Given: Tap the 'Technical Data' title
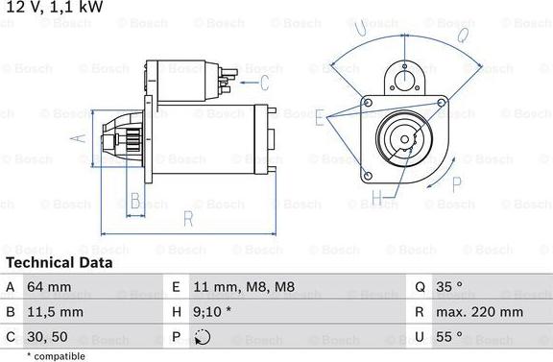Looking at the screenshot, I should click(x=59, y=262).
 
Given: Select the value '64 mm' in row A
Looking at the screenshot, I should click(x=50, y=287).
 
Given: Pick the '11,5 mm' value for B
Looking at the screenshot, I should click(x=57, y=312).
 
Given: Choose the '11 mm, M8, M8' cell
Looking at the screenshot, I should click(x=244, y=287).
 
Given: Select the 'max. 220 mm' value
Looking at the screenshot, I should click(x=481, y=312).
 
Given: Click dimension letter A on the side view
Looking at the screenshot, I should click(x=81, y=137).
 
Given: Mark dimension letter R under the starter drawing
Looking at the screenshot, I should click(x=188, y=220).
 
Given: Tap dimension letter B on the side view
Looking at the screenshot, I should click(x=135, y=201).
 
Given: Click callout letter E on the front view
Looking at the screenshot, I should click(x=319, y=117).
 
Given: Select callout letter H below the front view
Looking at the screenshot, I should click(x=377, y=200).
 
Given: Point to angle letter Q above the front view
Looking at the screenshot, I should click(x=462, y=36).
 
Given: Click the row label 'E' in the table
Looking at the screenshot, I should click(x=177, y=287).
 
